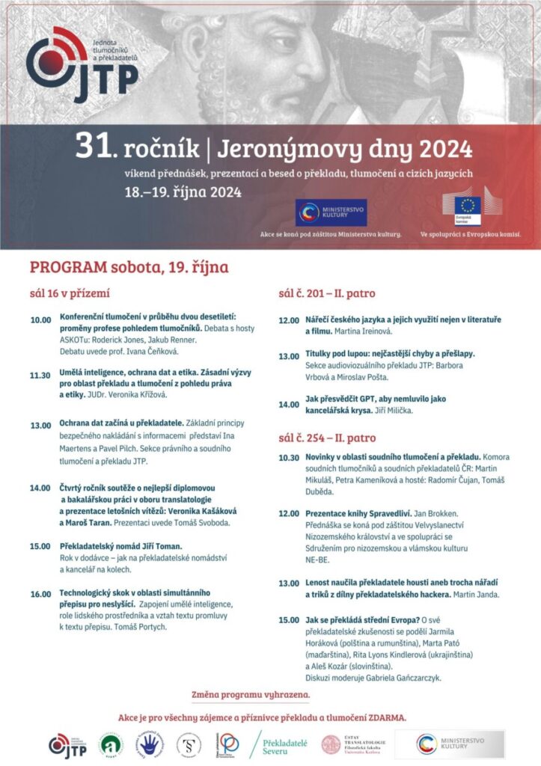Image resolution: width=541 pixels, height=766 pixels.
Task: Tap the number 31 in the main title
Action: (88, 147)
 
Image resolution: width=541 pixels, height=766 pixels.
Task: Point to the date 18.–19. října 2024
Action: (183, 192)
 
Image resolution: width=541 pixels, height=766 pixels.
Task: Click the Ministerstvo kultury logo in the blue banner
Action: (330, 212)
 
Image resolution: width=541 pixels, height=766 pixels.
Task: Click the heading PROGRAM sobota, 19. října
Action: (129, 267)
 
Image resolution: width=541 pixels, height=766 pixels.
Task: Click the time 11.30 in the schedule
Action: (40, 376)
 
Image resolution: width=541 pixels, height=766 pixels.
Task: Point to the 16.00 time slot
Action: (40, 594)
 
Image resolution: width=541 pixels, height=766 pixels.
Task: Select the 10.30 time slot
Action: (289, 457)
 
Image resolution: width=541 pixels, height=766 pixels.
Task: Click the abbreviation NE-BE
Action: (317, 559)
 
